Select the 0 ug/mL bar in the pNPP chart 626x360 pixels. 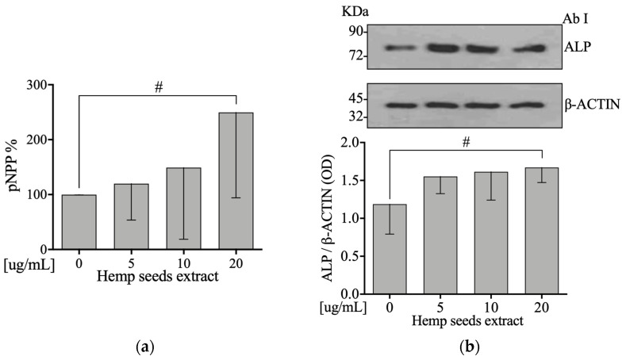[79, 221]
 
